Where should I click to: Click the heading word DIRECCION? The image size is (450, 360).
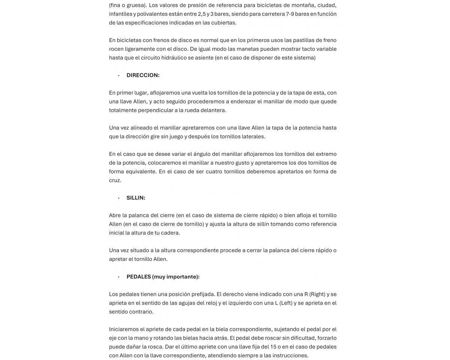tap(143, 75)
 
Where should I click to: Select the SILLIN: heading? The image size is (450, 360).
tap(136, 198)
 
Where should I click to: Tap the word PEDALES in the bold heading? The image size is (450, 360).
tap(138, 277)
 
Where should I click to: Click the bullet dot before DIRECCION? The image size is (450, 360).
tap(118, 76)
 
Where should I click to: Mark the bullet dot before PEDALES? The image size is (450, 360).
tap(118, 277)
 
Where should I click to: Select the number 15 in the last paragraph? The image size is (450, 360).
tap(288, 347)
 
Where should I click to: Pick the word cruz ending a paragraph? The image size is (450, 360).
tap(115, 180)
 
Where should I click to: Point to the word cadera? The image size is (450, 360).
tap(171, 233)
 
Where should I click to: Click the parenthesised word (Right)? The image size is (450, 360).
tap(317, 294)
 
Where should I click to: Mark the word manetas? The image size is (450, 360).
tap(258, 49)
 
